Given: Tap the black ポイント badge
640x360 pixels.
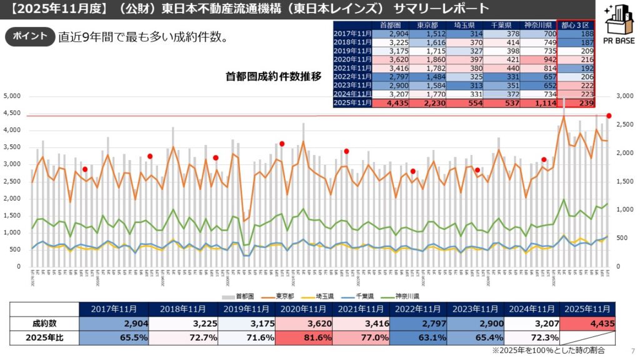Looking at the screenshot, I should click(x=28, y=36).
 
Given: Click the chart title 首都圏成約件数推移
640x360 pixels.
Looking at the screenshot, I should click(x=274, y=77).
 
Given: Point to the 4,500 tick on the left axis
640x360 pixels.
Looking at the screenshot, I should click(x=12, y=113).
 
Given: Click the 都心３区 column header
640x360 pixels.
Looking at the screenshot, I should click(x=576, y=24).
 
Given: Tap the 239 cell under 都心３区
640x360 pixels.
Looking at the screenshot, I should click(x=576, y=103).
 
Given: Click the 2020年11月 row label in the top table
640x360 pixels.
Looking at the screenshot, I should click(x=352, y=59).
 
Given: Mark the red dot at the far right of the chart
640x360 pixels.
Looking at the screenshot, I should click(x=609, y=116).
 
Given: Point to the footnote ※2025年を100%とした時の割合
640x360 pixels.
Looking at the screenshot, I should click(x=549, y=351).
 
